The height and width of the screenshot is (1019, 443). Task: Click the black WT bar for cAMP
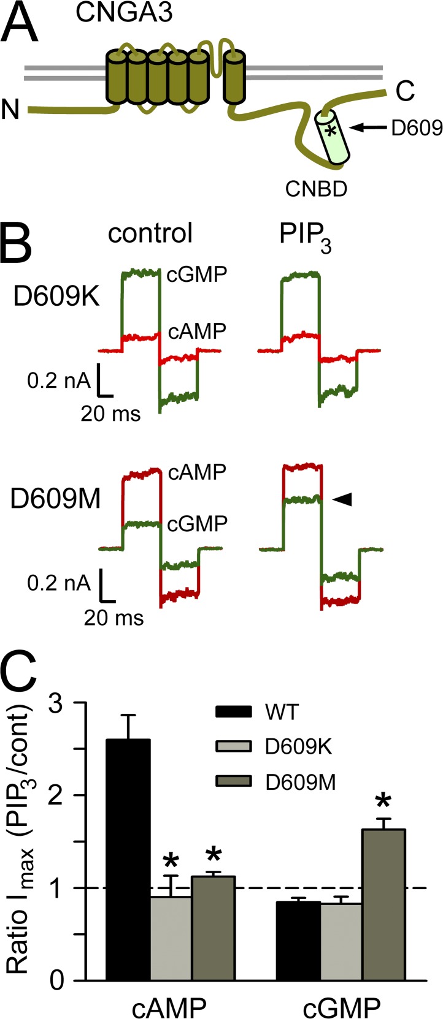[x=128, y=858]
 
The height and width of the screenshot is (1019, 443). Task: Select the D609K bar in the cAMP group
[x=171, y=938]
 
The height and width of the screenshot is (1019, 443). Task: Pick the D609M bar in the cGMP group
[x=383, y=904]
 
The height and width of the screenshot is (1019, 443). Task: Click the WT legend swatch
[x=233, y=711]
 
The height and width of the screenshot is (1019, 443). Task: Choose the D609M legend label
[x=301, y=782]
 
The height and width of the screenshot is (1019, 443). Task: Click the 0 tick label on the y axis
[x=57, y=979]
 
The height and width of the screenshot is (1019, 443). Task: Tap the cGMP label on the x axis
[x=342, y=1007]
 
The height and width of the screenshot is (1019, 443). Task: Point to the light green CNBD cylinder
[x=333, y=136]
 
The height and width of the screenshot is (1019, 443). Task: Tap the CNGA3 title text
[x=124, y=12]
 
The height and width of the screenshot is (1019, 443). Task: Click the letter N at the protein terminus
[x=11, y=109]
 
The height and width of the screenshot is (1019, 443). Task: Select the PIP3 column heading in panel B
[x=305, y=237]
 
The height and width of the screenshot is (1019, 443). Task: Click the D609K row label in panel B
[x=56, y=297]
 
